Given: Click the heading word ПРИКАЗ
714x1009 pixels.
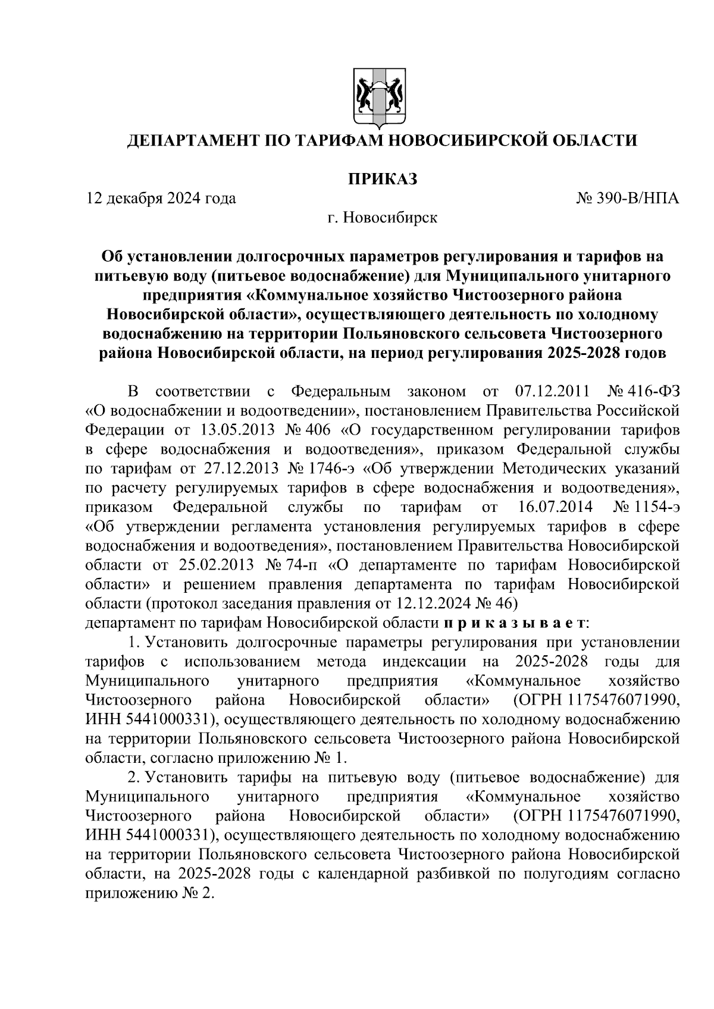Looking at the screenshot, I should (382, 178).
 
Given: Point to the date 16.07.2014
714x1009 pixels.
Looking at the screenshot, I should (552, 508).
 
